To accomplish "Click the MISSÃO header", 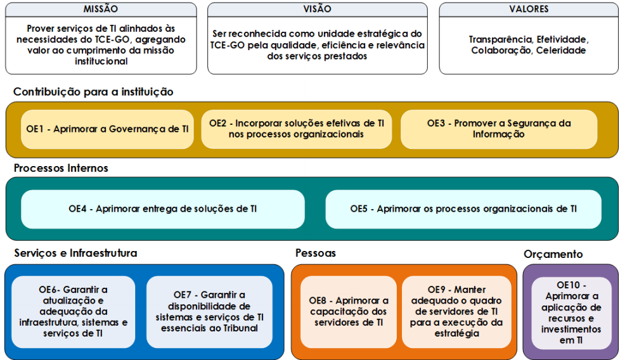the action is click(101, 9).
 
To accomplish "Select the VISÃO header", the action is click(318, 9).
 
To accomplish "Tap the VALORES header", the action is click(529, 9).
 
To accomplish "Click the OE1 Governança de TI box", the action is click(107, 129).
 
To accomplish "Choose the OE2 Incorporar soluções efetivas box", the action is click(297, 129).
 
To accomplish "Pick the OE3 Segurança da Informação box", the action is click(499, 129).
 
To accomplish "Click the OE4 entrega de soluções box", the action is click(163, 209).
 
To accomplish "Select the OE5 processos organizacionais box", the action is click(463, 209).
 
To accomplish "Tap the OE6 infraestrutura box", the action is click(74, 312).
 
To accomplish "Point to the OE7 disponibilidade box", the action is click(209, 312).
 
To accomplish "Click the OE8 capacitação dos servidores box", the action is click(349, 312).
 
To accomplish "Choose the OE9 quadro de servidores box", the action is click(457, 312).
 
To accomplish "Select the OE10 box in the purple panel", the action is click(571, 313).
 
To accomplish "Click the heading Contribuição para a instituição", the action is click(93, 92).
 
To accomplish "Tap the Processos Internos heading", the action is click(61, 168).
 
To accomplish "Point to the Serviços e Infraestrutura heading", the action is click(75, 253).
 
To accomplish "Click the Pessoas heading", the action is click(316, 253).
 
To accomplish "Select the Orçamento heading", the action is click(553, 254).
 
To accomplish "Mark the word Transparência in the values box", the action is click(501, 39).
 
